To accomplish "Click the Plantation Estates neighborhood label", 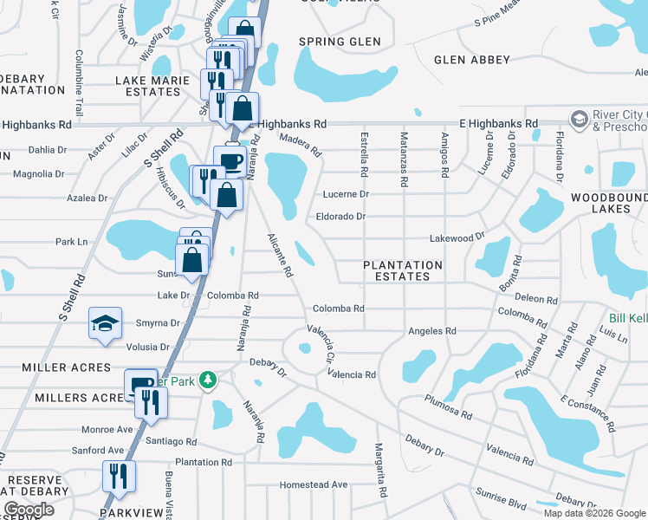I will (x=402, y=270).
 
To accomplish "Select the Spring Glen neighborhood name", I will (x=340, y=42).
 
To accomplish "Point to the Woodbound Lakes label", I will (x=608, y=204).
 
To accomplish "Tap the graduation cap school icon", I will (x=103, y=325).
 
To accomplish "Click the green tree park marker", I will (x=207, y=380).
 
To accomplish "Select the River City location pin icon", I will (x=578, y=117).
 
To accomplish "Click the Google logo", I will (x=29, y=510).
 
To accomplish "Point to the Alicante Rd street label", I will (x=280, y=255).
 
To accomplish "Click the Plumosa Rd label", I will (x=448, y=407).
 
